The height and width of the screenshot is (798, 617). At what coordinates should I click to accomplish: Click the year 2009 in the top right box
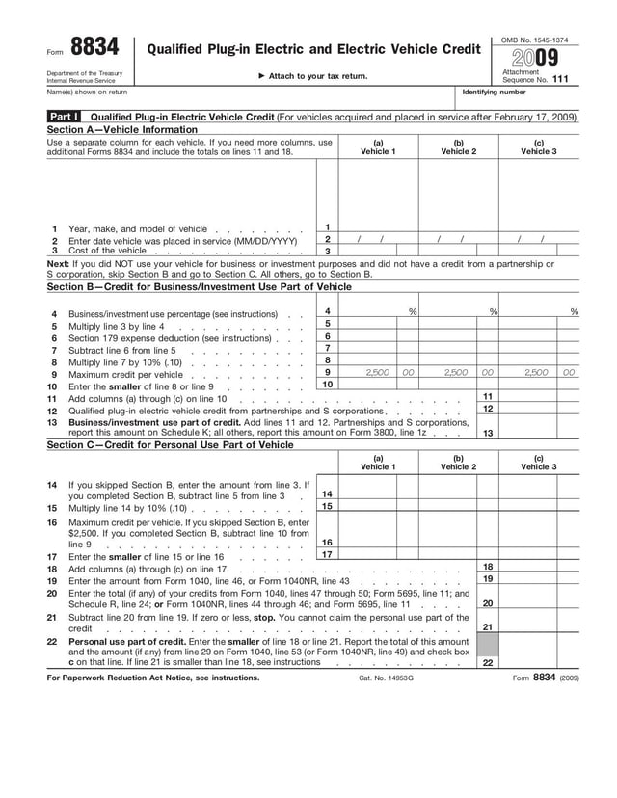point(534,57)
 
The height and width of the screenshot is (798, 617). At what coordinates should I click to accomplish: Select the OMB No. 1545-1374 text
point(534,40)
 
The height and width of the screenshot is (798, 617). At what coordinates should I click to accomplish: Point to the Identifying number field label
point(495,93)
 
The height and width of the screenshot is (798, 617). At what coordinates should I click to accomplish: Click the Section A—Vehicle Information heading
point(121,129)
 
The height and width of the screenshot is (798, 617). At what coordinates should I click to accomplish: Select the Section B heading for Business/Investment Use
point(199,286)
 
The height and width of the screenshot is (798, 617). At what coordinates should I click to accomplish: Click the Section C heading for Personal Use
point(170,445)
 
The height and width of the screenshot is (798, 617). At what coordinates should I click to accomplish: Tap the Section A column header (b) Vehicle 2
point(458,148)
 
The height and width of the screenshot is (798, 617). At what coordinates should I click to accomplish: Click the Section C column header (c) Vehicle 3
point(538,464)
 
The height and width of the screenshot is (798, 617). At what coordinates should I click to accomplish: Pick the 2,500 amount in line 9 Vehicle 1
point(378,372)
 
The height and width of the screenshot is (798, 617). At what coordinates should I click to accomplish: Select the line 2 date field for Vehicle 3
point(533,239)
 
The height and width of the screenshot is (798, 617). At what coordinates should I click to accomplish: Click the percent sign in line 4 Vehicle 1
point(413,312)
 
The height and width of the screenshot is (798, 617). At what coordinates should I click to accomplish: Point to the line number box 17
point(328,554)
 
